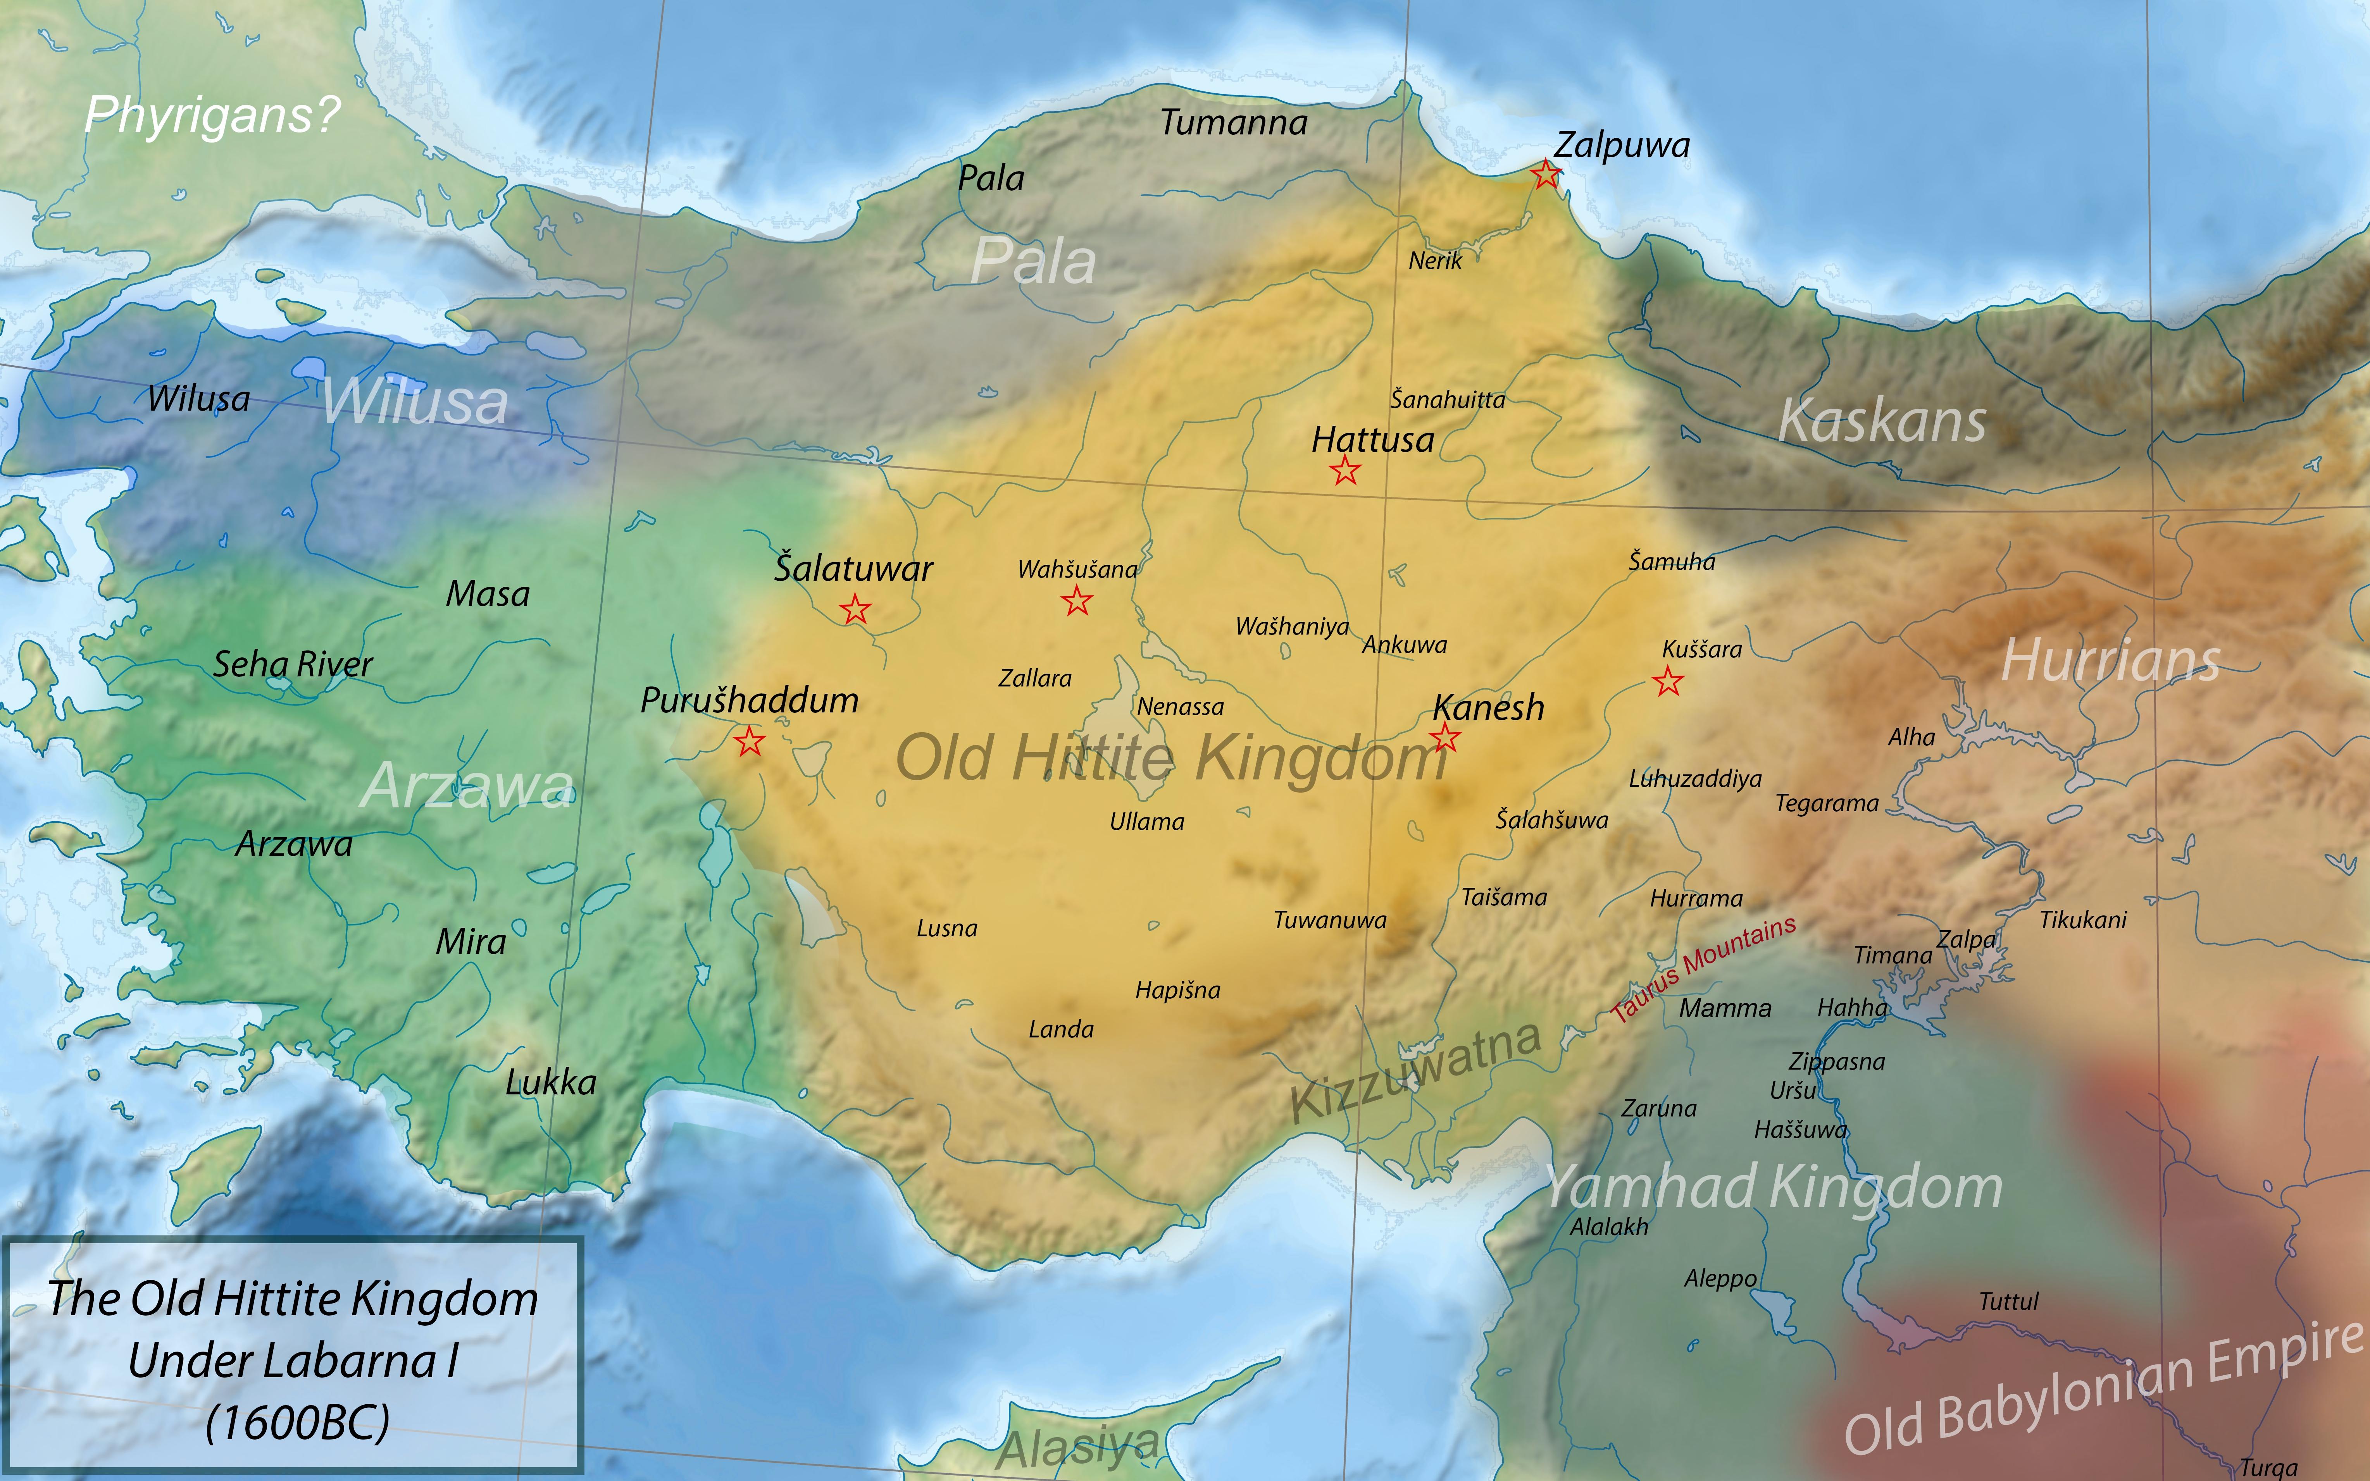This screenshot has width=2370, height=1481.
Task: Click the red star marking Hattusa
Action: (x=1345, y=471)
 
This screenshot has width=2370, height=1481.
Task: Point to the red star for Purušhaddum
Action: (x=750, y=741)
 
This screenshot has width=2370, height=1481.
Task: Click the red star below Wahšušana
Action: (x=1077, y=600)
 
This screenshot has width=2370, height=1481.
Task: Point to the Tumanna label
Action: (x=1234, y=124)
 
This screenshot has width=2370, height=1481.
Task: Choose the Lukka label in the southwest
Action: (x=551, y=1082)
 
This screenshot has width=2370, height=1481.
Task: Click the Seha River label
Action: (x=293, y=664)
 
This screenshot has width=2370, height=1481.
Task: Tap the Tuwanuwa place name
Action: (x=1329, y=920)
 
